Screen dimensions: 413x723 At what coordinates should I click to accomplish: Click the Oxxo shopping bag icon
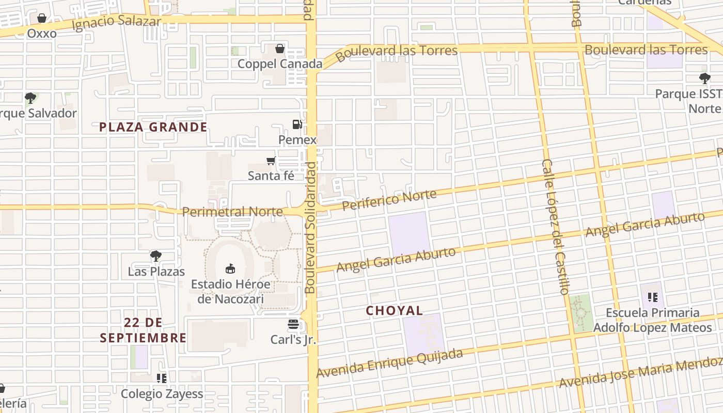(42, 18)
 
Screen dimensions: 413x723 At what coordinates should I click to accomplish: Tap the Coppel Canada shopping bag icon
(280, 49)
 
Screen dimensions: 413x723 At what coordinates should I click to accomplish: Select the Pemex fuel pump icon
(297, 124)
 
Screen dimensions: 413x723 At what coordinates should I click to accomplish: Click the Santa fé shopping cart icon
(271, 161)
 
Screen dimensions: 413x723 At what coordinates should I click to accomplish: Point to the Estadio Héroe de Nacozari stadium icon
(230, 268)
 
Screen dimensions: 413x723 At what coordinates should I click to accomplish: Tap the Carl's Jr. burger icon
(293, 324)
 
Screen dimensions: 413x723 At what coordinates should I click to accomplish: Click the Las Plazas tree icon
(155, 256)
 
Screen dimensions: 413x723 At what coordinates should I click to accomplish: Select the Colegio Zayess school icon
(162, 378)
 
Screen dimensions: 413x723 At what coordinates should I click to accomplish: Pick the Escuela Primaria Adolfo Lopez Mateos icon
(653, 297)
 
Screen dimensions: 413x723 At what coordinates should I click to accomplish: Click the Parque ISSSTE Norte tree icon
(704, 78)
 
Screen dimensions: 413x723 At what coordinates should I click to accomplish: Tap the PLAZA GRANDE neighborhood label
(153, 127)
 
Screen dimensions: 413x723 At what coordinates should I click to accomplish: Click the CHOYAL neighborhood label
(395, 311)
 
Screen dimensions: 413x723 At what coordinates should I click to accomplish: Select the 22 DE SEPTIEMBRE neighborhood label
(143, 330)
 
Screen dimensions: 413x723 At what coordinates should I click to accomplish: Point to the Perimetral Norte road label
(232, 212)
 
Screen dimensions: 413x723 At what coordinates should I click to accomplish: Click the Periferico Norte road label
(390, 199)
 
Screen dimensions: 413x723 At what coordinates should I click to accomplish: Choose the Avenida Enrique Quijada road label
(389, 363)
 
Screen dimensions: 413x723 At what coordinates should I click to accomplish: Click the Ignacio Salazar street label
(117, 23)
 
